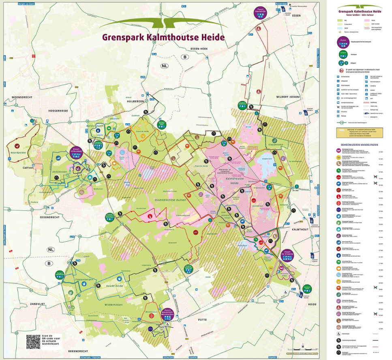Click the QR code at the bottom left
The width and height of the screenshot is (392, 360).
[33, 341]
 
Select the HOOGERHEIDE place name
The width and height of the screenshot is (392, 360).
[47, 110]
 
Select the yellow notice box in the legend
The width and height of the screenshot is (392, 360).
[358, 133]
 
